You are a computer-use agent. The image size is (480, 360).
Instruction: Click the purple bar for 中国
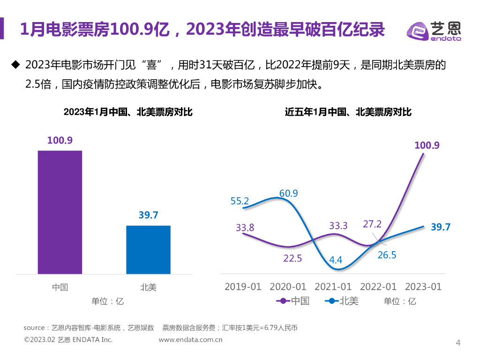tap(60, 212)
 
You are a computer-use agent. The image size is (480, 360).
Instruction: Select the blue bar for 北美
tap(148, 249)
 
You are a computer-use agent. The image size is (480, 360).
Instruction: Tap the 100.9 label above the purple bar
tap(60, 140)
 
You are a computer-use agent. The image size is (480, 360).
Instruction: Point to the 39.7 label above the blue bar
tap(148, 215)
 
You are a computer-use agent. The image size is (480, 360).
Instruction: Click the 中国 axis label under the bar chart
tap(60, 287)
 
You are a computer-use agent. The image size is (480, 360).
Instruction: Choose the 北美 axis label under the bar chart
tap(148, 287)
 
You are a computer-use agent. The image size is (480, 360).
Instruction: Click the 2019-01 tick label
tap(243, 286)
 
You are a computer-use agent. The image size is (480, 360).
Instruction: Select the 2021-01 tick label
tap(333, 286)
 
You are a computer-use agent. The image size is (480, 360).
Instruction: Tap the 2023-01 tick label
tap(423, 286)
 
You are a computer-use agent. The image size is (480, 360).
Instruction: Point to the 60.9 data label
tap(289, 193)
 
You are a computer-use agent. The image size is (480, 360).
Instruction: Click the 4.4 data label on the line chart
tap(336, 259)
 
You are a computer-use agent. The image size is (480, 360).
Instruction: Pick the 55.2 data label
tap(240, 201)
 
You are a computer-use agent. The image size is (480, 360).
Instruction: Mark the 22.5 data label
tap(292, 258)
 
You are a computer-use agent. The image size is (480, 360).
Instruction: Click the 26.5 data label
tap(387, 255)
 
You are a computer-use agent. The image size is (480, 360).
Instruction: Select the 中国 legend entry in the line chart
tap(293, 301)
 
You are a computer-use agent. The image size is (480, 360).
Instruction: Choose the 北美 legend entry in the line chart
tap(342, 301)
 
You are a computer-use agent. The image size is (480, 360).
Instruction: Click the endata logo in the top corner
tap(433, 31)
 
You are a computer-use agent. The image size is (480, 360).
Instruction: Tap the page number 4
tap(458, 343)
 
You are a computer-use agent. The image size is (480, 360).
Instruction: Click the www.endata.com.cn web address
tap(190, 340)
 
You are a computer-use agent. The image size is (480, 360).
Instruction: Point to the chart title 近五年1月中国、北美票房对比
tap(348, 112)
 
